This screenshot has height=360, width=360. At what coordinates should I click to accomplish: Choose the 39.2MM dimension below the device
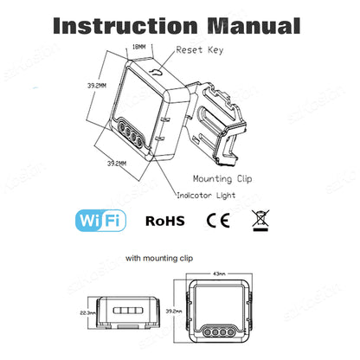click(118, 163)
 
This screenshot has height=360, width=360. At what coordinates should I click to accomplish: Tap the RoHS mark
click(164, 221)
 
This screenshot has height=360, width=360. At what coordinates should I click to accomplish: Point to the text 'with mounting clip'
click(159, 258)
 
